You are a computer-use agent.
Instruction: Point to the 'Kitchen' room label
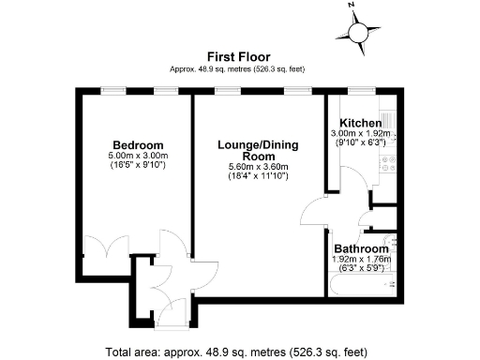point(360,124)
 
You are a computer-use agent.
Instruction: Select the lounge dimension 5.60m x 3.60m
point(254,168)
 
